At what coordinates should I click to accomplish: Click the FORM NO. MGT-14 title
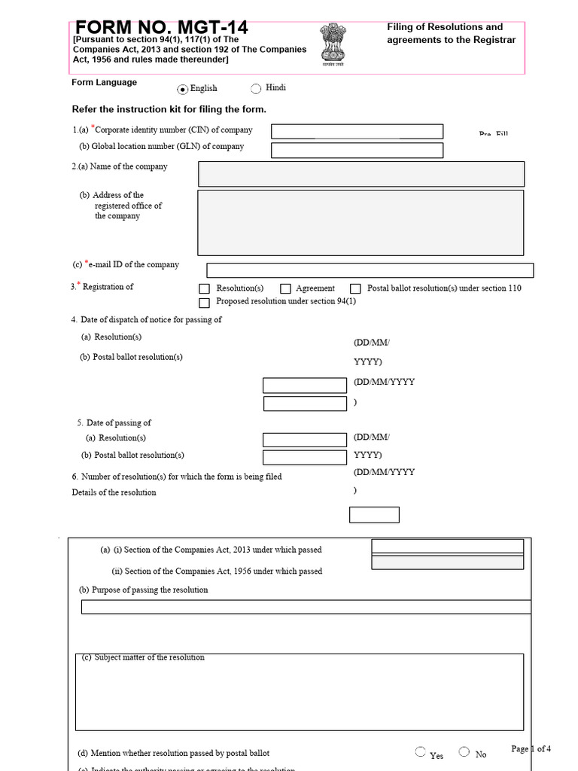[161, 29]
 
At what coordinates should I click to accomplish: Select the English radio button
[183, 89]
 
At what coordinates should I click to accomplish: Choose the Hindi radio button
[256, 89]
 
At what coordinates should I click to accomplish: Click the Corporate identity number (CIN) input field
[357, 132]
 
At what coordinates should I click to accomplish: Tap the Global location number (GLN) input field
[357, 150]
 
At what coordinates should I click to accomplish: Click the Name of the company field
[360, 174]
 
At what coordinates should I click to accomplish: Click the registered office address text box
[360, 222]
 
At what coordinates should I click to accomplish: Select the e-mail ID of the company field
[370, 270]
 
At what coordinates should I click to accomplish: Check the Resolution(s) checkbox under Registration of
[204, 289]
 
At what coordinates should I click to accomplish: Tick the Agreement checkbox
[285, 289]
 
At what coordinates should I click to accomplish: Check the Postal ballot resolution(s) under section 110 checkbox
[355, 289]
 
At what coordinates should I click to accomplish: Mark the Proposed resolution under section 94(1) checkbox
[204, 303]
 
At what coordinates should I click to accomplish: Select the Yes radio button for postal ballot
[420, 752]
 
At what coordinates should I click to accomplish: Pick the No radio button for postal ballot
[464, 752]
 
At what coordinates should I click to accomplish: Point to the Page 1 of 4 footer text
[531, 748]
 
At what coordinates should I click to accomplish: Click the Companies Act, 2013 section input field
[447, 547]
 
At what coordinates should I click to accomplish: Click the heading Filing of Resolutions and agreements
[451, 34]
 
